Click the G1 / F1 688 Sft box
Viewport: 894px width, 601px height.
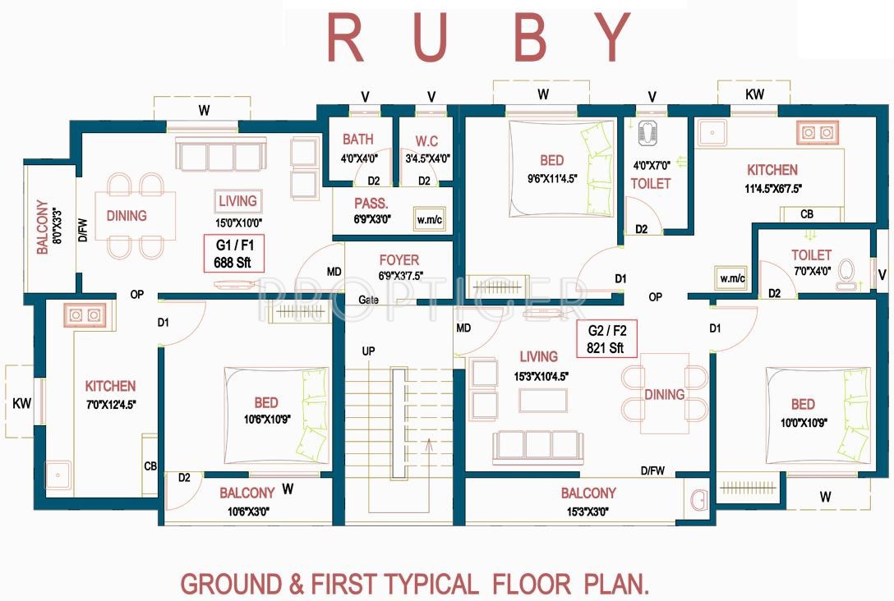234,254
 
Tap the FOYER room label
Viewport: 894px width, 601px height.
399,260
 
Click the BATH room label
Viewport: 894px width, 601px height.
358,139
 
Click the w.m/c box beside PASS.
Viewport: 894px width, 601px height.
429,218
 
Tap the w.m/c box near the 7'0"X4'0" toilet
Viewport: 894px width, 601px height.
730,278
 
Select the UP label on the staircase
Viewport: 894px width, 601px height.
369,351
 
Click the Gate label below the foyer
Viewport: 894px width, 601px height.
368,300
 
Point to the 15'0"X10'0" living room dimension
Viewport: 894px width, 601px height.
237,221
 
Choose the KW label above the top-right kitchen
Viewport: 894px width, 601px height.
754,95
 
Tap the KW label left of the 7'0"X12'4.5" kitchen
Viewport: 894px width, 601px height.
21,404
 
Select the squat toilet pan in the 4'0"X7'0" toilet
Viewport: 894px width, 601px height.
643,132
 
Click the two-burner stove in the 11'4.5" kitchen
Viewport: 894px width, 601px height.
814,132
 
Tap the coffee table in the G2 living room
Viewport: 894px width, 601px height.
541,400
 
